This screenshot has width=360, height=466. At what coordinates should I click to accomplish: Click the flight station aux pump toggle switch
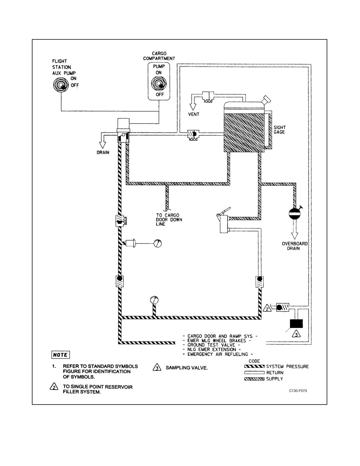point(61,85)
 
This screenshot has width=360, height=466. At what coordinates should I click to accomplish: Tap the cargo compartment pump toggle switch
point(159,84)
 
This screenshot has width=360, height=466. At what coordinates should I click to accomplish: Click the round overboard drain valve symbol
point(294,214)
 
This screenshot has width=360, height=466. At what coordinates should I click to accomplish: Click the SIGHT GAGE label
point(280,130)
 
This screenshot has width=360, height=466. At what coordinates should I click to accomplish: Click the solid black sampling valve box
point(296,324)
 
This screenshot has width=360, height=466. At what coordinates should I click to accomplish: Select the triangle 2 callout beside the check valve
point(267,308)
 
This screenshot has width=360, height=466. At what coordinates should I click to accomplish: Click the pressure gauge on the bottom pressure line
point(154,300)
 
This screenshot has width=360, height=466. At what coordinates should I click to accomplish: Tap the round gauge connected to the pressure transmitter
point(158,243)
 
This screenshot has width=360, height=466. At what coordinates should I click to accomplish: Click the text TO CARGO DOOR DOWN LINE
point(169,220)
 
